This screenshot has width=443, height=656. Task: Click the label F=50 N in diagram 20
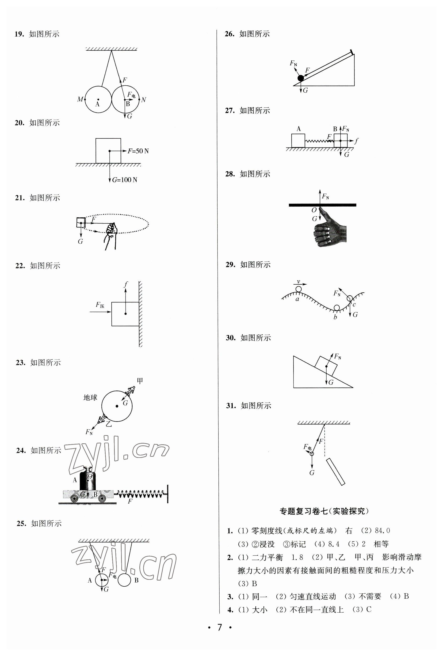pyautogui.click(x=138, y=151)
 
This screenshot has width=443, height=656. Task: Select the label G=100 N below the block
pyautogui.click(x=125, y=180)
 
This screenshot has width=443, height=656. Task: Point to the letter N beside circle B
pyautogui.click(x=144, y=100)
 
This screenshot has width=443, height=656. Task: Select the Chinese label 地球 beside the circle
pyautogui.click(x=90, y=398)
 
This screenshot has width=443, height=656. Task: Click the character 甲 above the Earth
pyautogui.click(x=140, y=381)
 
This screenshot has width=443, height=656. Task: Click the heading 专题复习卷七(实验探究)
pyautogui.click(x=324, y=511)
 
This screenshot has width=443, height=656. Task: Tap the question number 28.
pyautogui.click(x=230, y=174)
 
